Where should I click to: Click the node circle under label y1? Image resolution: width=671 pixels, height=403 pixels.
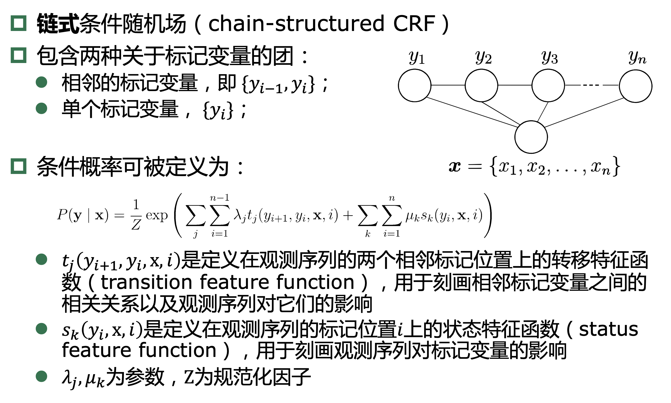coord(414,86)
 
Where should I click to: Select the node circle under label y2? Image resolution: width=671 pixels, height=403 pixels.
coord(481,86)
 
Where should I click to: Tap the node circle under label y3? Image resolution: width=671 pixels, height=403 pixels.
coord(548,86)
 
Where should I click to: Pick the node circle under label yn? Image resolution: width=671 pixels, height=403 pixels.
coord(636,86)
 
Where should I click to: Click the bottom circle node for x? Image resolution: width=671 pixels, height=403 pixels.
coord(531,137)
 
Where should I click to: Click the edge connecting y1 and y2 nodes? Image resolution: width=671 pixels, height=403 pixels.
coord(448,85)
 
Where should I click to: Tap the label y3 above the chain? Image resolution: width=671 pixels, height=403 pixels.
coord(549,57)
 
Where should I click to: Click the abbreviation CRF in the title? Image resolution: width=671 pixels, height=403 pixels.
coord(414,24)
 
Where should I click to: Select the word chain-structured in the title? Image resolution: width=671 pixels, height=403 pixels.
coord(296,24)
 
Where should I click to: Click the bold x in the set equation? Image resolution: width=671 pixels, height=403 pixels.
coord(455,166)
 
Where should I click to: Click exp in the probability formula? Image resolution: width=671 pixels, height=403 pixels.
coord(157,216)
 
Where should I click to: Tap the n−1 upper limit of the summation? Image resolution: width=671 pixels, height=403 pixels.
coord(220,198)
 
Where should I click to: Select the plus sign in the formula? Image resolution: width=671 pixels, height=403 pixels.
coord(348,216)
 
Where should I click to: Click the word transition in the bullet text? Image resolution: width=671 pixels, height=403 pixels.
coord(147,283)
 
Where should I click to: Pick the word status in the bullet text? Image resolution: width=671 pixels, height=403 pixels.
coord(608,329)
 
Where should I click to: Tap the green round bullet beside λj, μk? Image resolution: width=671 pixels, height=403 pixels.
coord(42,376)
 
